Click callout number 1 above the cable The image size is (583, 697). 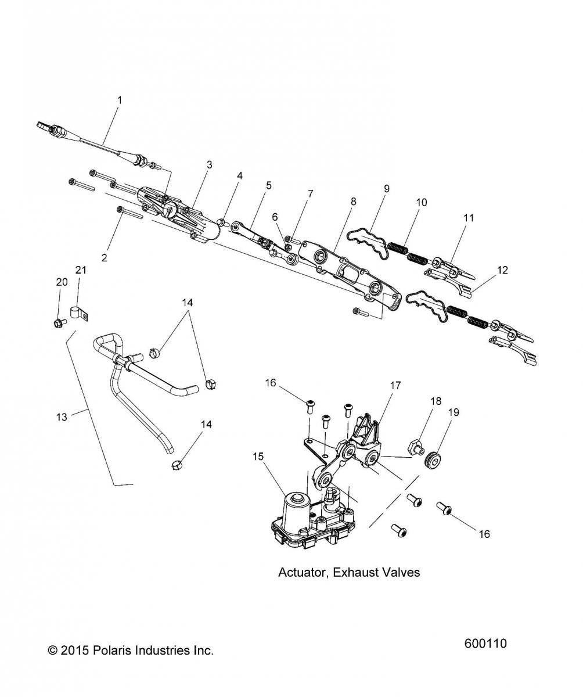[120, 100]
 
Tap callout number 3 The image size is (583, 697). [209, 165]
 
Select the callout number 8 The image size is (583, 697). [354, 202]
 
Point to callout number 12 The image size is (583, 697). [502, 270]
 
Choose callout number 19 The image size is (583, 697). [454, 412]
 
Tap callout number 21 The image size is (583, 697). [81, 270]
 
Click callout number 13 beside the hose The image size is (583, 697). [62, 416]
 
